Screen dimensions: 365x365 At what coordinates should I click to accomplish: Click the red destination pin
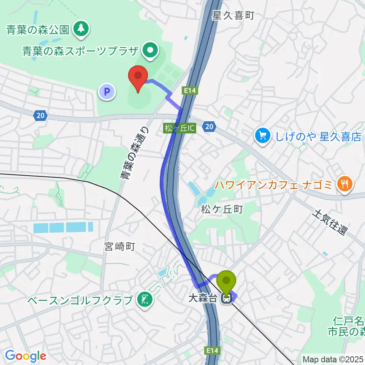pos(138,77)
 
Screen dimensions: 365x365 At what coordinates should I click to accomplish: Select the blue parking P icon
pos(107,92)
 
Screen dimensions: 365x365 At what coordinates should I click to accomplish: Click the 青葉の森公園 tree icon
pos(81,29)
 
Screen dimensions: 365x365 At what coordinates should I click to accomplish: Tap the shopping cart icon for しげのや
pos(263,136)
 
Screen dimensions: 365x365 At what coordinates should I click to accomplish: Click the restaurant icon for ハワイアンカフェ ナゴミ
pos(345,185)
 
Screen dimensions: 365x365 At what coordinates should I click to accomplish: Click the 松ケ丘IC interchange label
pos(180,129)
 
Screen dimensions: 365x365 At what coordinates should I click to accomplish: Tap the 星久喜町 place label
pos(233,16)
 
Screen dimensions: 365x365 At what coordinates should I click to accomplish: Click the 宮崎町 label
pos(119,248)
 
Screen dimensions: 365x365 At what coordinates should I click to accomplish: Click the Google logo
pos(25,355)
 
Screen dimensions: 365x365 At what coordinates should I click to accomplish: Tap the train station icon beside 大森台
pos(227,299)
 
